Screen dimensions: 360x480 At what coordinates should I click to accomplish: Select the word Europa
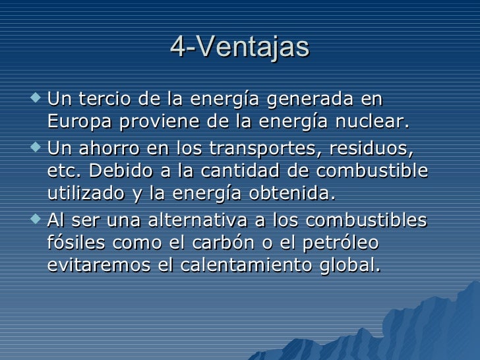point(78,123)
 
